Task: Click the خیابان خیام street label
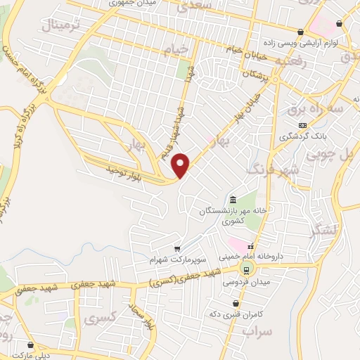(x=244, y=48)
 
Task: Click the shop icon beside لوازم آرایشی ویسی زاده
(x=301, y=31)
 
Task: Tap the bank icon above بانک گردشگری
(x=302, y=124)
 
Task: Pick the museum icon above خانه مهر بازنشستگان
(x=233, y=199)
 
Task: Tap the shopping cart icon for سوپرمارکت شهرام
(x=177, y=248)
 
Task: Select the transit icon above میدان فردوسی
(x=246, y=269)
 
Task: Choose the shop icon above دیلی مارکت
(x=30, y=344)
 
